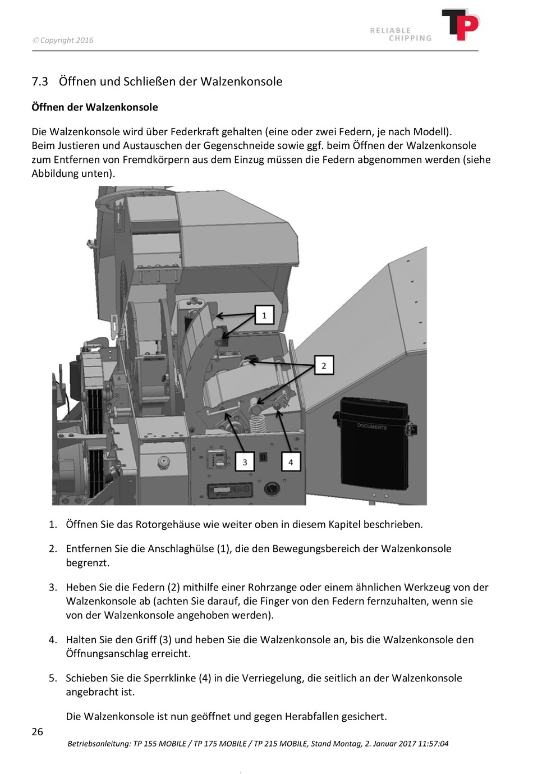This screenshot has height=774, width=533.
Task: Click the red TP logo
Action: tap(461, 25)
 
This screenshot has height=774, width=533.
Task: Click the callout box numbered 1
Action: tap(264, 315)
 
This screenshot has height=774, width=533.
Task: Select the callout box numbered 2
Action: tap(324, 365)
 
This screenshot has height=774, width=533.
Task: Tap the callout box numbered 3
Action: tap(245, 462)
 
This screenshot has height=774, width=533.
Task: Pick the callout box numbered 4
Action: tap(291, 462)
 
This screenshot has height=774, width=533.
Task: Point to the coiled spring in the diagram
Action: tap(259, 418)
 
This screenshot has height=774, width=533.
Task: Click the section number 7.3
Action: tap(40, 82)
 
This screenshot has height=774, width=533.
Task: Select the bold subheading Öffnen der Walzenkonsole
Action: tap(95, 107)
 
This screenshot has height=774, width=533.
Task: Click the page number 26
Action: tap(38, 731)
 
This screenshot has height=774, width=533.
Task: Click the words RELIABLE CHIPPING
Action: tap(401, 34)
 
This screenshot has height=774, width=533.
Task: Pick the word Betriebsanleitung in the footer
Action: tap(98, 744)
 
